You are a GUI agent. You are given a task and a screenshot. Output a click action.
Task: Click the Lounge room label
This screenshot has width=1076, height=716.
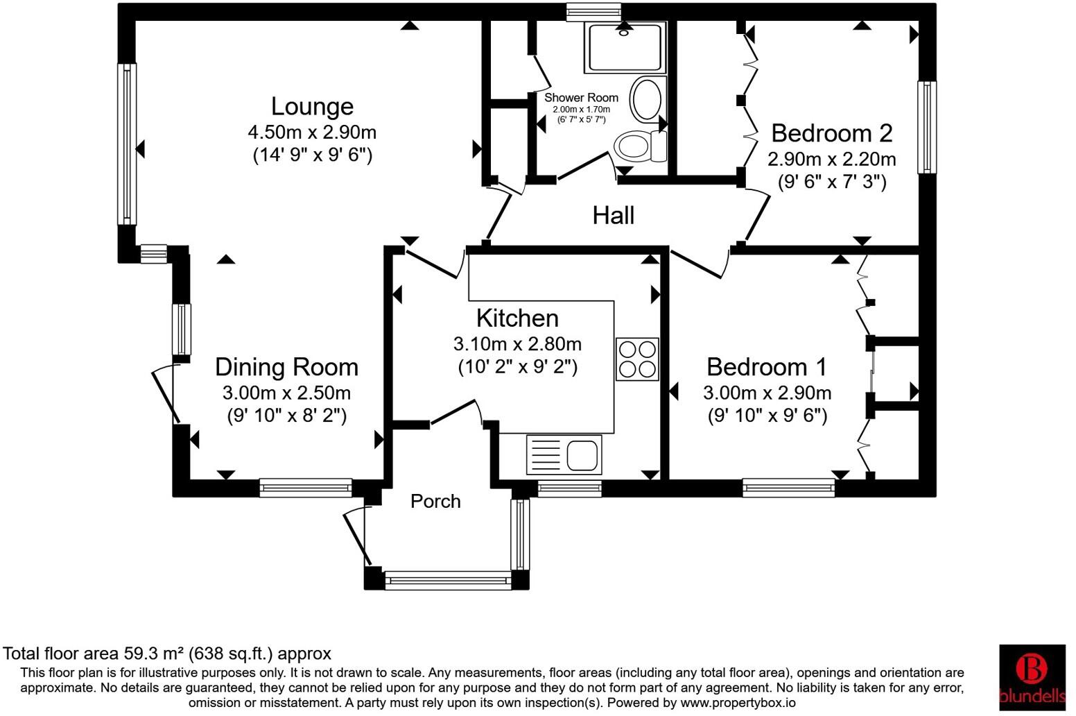point(312,107)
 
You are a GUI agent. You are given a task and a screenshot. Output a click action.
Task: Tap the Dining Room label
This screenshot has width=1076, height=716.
point(287,368)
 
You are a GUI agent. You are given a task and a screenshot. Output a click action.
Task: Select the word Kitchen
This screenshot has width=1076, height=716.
point(517,318)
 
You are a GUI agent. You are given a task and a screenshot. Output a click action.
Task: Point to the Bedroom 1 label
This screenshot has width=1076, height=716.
point(767,368)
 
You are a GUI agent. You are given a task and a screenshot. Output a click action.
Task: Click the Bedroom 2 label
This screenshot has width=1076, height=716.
point(832,133)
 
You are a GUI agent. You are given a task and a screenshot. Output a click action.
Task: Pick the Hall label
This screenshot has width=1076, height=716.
point(614,216)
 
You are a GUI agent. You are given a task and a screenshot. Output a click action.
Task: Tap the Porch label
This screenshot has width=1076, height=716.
point(435,502)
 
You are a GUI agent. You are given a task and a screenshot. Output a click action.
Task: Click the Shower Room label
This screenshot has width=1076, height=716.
point(581,98)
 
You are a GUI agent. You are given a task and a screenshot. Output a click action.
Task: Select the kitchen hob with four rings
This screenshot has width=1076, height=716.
point(637,359)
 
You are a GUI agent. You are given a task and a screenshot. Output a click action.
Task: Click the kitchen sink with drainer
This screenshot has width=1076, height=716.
point(564,454)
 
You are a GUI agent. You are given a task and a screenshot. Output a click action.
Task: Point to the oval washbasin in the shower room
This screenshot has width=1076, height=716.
point(647,100)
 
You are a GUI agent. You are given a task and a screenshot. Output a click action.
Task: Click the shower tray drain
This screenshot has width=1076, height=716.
point(624,33)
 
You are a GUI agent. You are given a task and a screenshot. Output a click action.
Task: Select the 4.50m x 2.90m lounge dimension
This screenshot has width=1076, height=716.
point(312,133)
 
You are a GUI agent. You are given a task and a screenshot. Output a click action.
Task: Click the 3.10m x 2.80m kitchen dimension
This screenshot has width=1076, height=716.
point(517,344)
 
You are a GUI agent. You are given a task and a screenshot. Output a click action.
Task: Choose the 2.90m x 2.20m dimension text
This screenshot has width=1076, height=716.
point(831,159)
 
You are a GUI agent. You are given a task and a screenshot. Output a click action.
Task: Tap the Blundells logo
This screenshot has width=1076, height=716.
point(1032,677)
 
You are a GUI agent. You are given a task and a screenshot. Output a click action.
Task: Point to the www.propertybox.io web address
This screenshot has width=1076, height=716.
point(738,703)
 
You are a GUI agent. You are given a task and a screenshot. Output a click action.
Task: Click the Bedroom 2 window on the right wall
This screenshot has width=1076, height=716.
point(927,128)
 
